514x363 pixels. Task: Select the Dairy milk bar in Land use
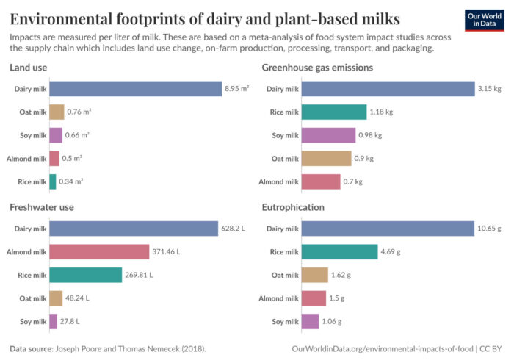click(x=135, y=89)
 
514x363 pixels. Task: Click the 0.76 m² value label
click(x=79, y=112)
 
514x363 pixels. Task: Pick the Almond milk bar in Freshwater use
click(x=99, y=252)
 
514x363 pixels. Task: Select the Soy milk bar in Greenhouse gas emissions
click(x=328, y=135)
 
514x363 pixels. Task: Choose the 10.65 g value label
click(x=491, y=229)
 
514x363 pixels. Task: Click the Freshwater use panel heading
click(x=42, y=207)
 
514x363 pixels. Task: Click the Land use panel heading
click(x=30, y=68)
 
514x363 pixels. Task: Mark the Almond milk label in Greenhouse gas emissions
click(x=278, y=181)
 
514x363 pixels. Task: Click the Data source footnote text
click(x=107, y=348)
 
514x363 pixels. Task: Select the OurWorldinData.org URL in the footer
click(x=382, y=348)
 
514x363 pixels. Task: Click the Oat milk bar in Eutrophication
click(x=315, y=275)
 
